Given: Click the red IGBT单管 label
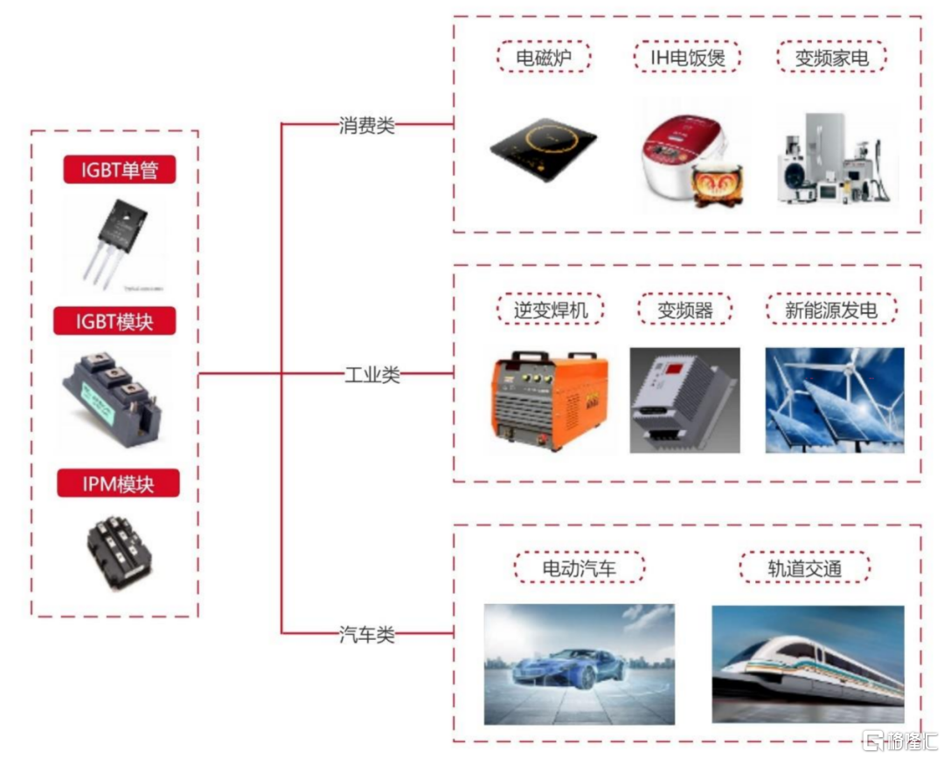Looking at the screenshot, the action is pyautogui.click(x=119, y=170).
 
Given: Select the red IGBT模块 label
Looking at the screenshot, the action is pyautogui.click(x=115, y=322).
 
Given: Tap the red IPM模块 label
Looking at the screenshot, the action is pyautogui.click(x=118, y=483).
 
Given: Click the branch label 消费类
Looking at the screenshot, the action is pyautogui.click(x=366, y=125).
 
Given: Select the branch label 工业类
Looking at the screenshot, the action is pyautogui.click(x=372, y=375).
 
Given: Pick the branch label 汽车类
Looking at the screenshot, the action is pyautogui.click(x=366, y=634).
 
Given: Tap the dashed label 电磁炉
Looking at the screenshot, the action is pyautogui.click(x=544, y=57).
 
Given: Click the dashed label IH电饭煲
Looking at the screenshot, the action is pyautogui.click(x=687, y=57).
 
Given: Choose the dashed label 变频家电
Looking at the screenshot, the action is pyautogui.click(x=831, y=57).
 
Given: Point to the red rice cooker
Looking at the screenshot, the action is pyautogui.click(x=691, y=160).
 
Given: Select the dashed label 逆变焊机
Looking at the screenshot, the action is pyautogui.click(x=551, y=309).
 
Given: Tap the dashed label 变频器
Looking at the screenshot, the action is pyautogui.click(x=685, y=309).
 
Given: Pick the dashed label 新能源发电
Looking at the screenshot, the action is pyautogui.click(x=831, y=309).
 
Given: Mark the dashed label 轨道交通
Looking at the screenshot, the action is pyautogui.click(x=805, y=567).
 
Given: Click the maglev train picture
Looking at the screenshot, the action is pyautogui.click(x=808, y=664).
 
